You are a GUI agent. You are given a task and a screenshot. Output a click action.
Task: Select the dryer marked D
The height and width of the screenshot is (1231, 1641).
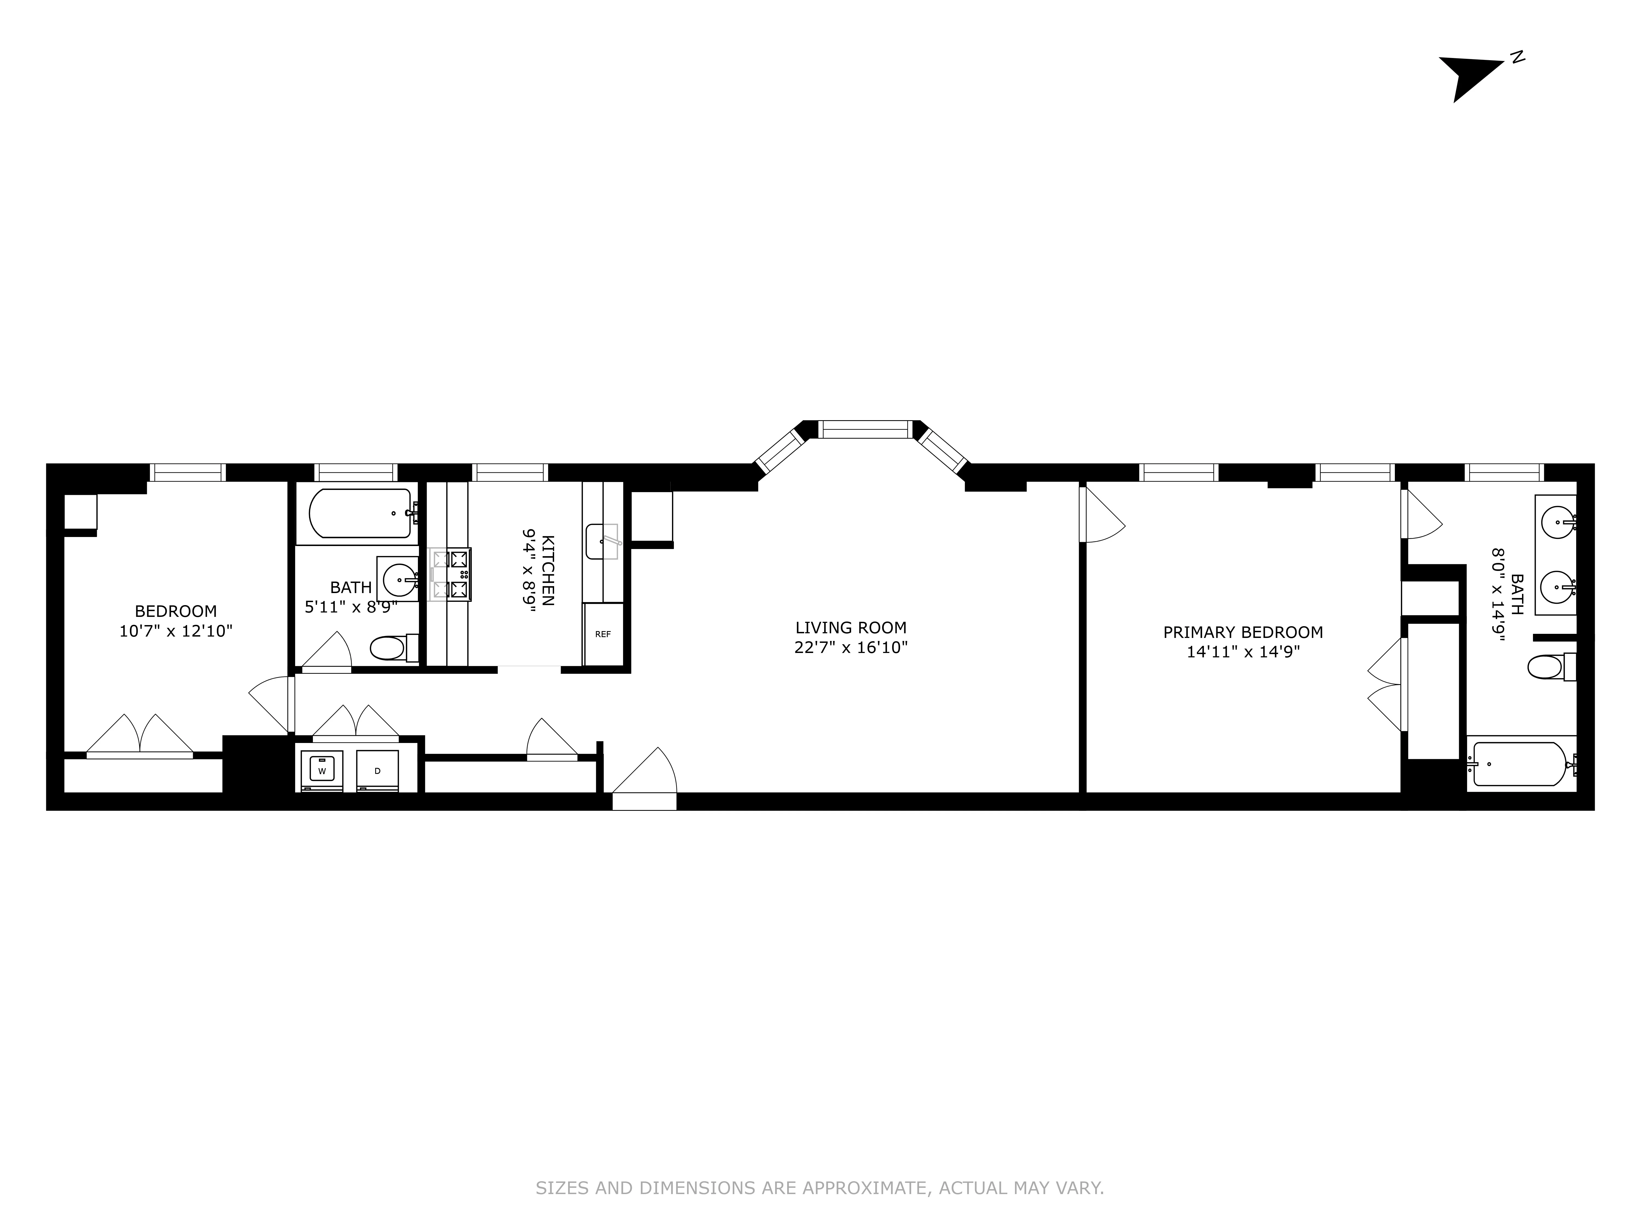[377, 770]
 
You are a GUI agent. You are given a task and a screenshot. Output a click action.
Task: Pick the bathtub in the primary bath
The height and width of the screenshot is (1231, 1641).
[1518, 764]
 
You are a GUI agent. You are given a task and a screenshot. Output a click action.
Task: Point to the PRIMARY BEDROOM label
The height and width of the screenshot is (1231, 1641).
[1243, 632]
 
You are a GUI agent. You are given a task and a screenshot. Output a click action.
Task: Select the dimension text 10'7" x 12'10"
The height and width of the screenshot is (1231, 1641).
[176, 631]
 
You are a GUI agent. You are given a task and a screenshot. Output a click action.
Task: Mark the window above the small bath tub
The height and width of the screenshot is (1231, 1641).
[355, 473]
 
